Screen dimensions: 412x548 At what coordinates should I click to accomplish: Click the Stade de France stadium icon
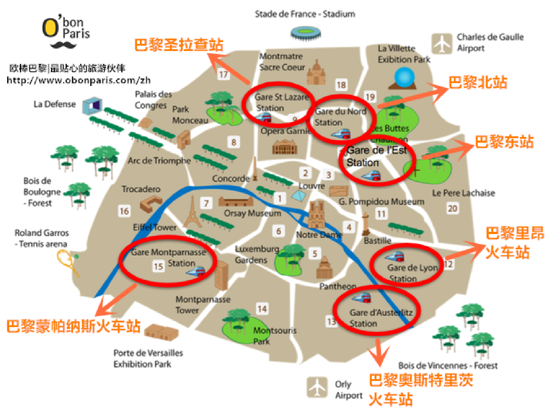coord(306,33)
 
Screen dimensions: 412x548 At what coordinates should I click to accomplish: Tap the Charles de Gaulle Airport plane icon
coord(442,44)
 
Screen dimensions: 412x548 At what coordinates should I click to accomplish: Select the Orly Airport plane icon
coord(317,387)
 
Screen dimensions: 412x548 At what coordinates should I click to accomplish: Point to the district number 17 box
coord(223,74)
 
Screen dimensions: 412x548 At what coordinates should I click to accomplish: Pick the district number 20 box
coord(452,208)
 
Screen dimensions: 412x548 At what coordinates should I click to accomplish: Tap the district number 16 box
coord(124,211)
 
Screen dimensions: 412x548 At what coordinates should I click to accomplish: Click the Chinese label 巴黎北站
coord(478,82)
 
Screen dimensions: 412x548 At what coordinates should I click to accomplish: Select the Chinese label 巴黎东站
coord(504,142)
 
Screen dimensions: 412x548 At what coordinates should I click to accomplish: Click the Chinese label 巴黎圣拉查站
coord(179,45)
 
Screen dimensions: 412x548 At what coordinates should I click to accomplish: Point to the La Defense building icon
coord(92,106)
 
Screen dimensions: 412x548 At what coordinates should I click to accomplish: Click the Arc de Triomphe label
coord(159,161)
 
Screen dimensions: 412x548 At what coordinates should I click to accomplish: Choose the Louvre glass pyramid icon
coord(299,195)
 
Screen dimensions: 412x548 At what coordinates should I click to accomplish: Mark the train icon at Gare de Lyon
coord(395,257)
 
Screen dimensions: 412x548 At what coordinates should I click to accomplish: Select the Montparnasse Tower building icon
coord(221,275)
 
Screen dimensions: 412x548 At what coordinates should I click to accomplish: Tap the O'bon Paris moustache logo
coord(64,45)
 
